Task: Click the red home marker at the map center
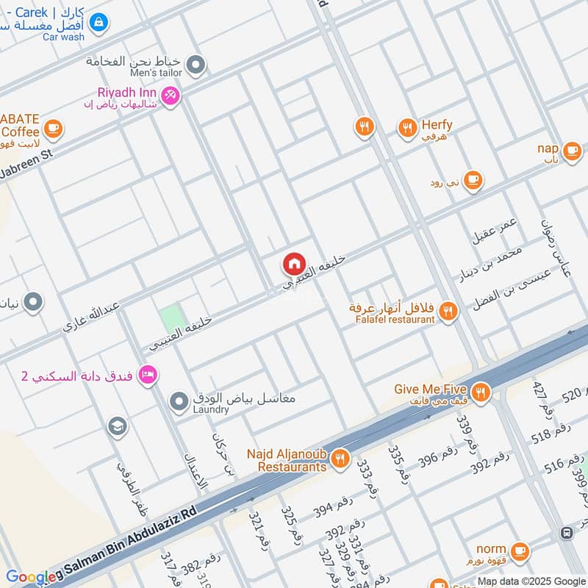tap(294, 263)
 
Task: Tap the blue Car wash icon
tap(98, 22)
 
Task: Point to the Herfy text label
tap(437, 125)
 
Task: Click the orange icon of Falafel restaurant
tap(448, 312)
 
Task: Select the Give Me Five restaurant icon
tap(481, 391)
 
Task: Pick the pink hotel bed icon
tap(148, 376)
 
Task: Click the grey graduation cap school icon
tap(116, 426)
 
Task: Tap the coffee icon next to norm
tap(520, 550)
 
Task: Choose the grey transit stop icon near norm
tap(567, 532)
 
